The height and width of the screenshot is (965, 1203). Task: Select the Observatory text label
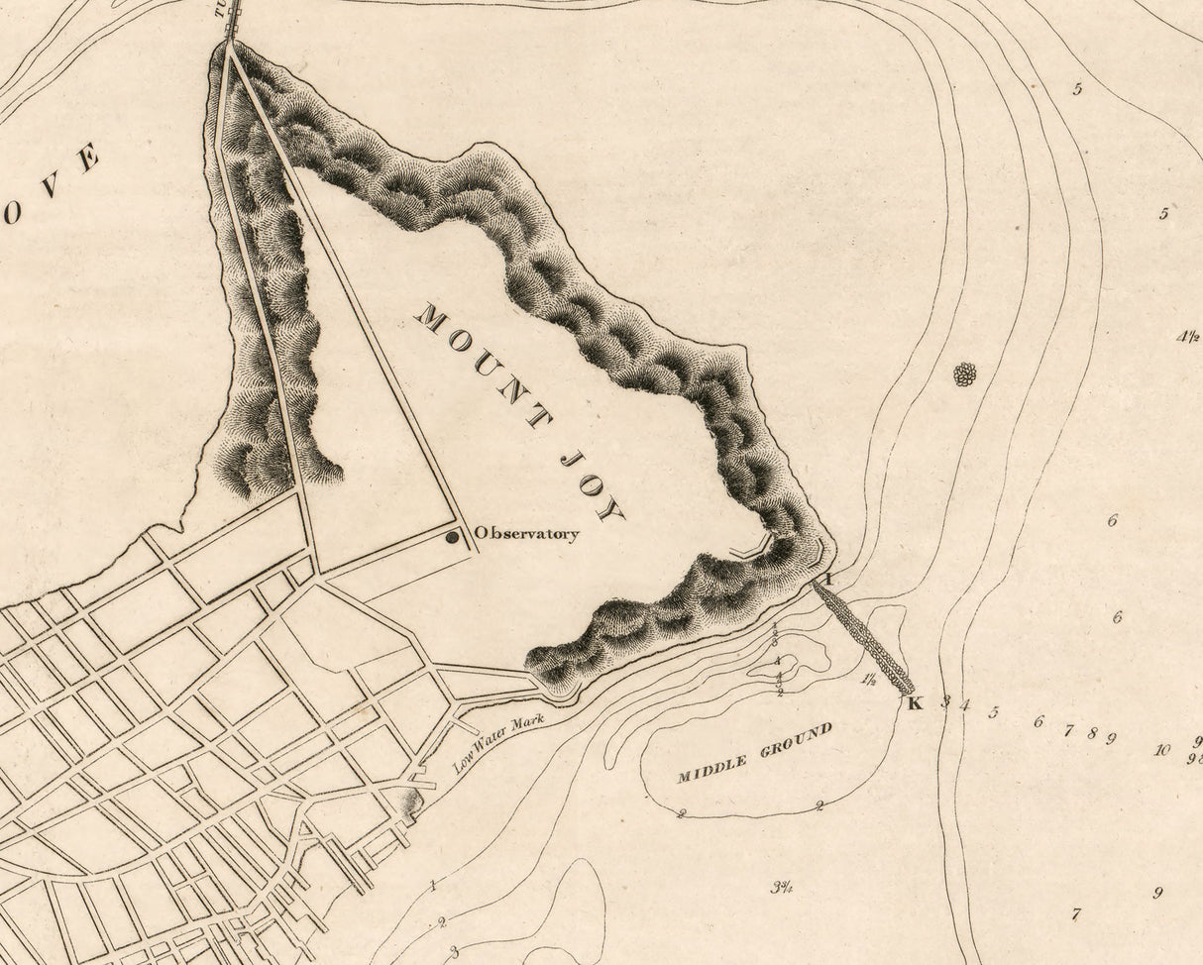[x=526, y=534]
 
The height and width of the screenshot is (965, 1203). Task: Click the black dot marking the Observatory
[x=452, y=537]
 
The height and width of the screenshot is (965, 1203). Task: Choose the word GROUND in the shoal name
[x=797, y=739]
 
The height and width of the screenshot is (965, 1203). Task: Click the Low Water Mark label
[x=498, y=743]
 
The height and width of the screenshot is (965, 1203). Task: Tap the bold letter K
[x=915, y=703]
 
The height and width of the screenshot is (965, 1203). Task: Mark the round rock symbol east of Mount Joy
[x=964, y=374]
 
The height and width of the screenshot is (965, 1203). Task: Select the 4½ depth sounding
[x=1188, y=337]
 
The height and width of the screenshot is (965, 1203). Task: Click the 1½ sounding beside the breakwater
[x=869, y=680]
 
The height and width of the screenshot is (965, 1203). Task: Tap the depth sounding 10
[x=1161, y=749]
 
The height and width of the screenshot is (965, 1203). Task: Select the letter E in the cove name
[x=87, y=159]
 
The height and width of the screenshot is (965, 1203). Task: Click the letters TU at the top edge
[x=221, y=9]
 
